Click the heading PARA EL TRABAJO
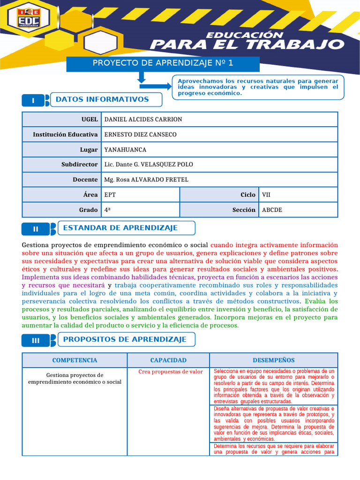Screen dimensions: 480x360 click(x=247, y=45)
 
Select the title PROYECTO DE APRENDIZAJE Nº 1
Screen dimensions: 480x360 click(x=163, y=63)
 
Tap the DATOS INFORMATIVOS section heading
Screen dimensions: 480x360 click(x=102, y=99)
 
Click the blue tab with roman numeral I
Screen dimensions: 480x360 click(x=33, y=101)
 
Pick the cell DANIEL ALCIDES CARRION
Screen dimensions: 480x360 click(x=143, y=120)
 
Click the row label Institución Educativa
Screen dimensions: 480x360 click(x=65, y=135)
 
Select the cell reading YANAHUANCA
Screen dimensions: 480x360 click(x=125, y=150)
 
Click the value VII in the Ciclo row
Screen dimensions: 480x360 click(x=266, y=195)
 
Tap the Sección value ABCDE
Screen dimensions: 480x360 click(x=272, y=210)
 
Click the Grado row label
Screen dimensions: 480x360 click(x=89, y=210)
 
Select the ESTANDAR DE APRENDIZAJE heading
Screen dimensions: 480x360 click(x=120, y=228)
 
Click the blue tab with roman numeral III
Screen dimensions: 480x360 click(x=36, y=340)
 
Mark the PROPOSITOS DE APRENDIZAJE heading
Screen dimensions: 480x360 click(x=125, y=339)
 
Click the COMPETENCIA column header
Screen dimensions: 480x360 click(x=75, y=360)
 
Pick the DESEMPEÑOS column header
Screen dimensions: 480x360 click(x=274, y=360)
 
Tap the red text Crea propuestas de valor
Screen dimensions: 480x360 click(x=171, y=372)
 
